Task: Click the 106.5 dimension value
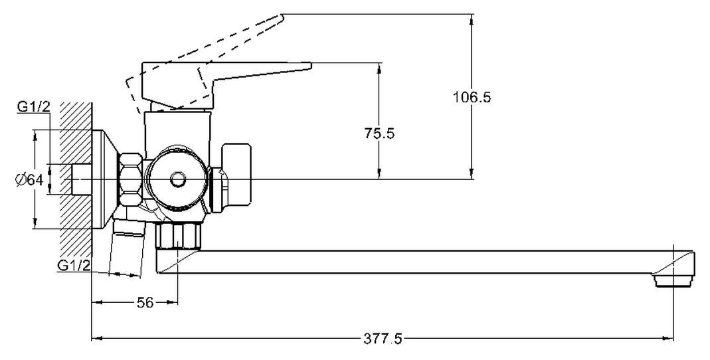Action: tap(472, 97)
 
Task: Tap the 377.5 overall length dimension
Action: tap(383, 339)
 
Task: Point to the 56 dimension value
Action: tap(145, 302)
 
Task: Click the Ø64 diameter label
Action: tap(29, 180)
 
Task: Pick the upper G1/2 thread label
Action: tap(33, 108)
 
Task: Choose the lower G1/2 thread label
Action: tap(74, 266)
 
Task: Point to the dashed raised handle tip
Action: tap(281, 17)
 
